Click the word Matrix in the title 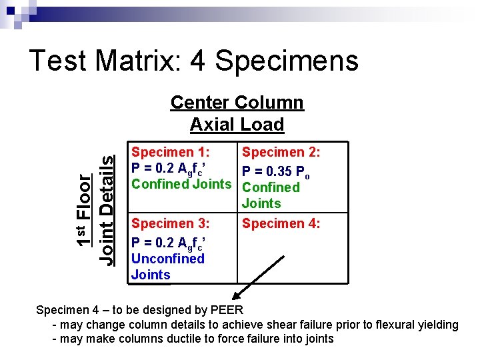pyautogui.click(x=138, y=61)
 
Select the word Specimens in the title pyautogui.click(x=287, y=61)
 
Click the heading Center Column pyautogui.click(x=237, y=103)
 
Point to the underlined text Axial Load pyautogui.click(x=237, y=125)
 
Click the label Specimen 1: pyautogui.click(x=171, y=152)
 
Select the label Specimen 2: pyautogui.click(x=281, y=152)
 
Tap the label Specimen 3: pyautogui.click(x=171, y=223)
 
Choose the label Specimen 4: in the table pyautogui.click(x=281, y=223)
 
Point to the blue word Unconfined pyautogui.click(x=168, y=258)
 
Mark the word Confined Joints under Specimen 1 pyautogui.click(x=181, y=184)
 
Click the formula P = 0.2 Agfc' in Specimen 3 pyautogui.click(x=168, y=242)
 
